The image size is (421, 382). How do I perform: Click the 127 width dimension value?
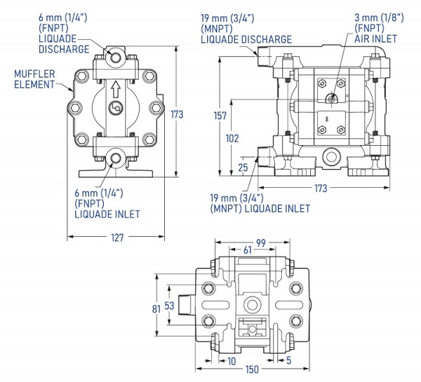tap(117, 238)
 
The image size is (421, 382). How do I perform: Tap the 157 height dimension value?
tap(220, 116)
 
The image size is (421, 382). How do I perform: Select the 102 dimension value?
tap(232, 138)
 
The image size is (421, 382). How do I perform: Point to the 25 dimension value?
tap(243, 168)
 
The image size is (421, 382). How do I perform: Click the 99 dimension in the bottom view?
tap(261, 243)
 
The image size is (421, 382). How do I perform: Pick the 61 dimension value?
tap(248, 250)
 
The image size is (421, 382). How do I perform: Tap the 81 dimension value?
tap(156, 309)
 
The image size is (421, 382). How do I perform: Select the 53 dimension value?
tap(169, 306)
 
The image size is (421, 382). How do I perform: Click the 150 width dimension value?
tap(252, 369)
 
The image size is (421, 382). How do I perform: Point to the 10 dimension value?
tap(232, 361)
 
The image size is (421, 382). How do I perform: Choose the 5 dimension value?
tap(288, 360)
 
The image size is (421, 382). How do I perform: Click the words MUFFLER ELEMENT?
tap(34, 79)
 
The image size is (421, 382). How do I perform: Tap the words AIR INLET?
tap(375, 39)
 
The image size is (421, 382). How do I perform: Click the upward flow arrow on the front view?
tap(116, 89)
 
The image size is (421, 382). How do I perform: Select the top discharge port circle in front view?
tap(116, 57)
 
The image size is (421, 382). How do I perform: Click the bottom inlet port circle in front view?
tap(116, 158)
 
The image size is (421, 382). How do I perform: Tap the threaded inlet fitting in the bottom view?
tap(185, 305)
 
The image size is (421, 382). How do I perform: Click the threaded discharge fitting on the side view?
tap(265, 57)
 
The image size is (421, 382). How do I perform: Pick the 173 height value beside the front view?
tap(177, 114)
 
